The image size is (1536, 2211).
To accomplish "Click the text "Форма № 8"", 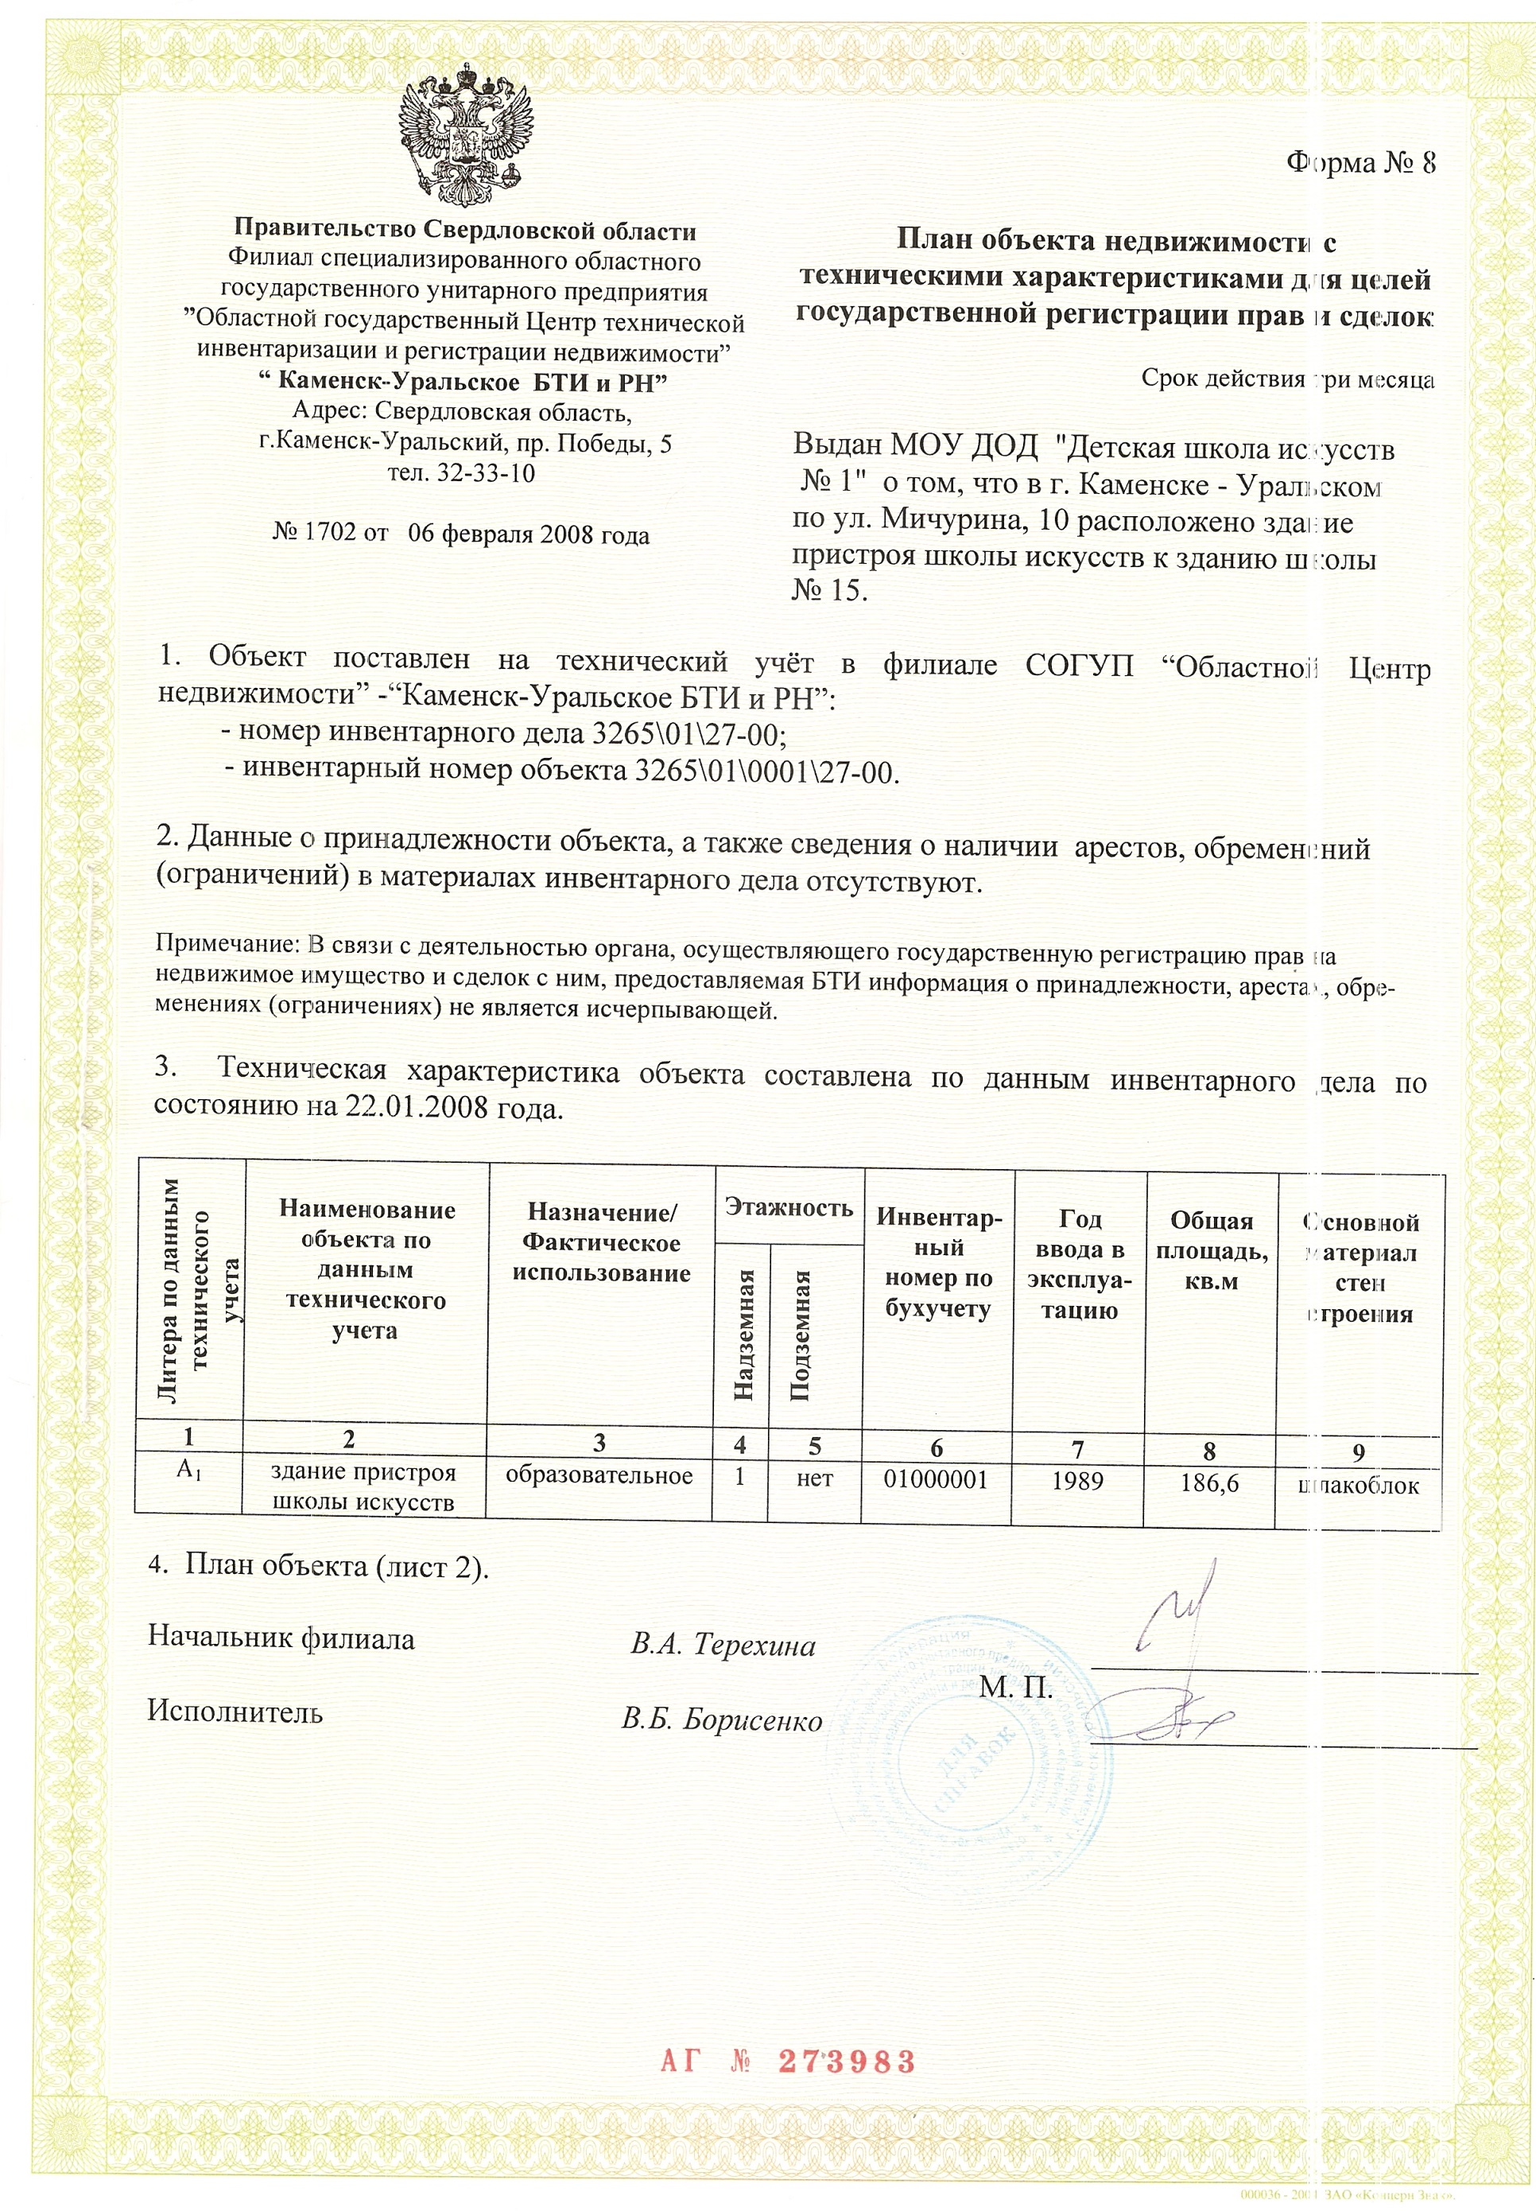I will pyautogui.click(x=1360, y=163).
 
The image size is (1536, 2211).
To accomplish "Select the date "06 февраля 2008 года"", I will pyautogui.click(x=529, y=534).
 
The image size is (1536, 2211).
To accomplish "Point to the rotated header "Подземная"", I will pyautogui.click(x=801, y=1335).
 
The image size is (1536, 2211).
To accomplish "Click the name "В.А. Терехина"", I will pyautogui.click(x=723, y=1645).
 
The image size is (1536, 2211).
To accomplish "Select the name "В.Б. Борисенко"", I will pyautogui.click(x=722, y=1720).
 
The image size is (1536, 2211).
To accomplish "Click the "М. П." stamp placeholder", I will pyautogui.click(x=1016, y=1688).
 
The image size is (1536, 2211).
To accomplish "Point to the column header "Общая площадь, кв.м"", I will pyautogui.click(x=1211, y=1250).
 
